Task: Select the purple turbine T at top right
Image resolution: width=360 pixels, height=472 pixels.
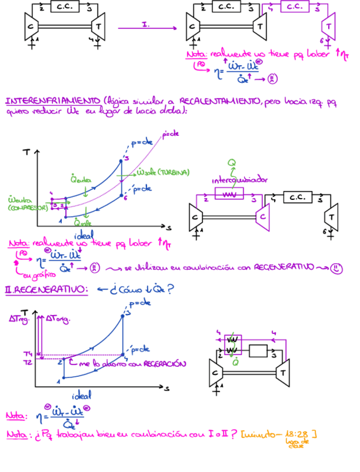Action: coord(328,26)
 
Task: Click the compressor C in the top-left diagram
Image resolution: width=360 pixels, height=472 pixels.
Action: coord(31,26)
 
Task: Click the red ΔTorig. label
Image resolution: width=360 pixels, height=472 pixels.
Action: coord(57,318)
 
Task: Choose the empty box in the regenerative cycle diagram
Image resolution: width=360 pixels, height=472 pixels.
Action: coord(257,351)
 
